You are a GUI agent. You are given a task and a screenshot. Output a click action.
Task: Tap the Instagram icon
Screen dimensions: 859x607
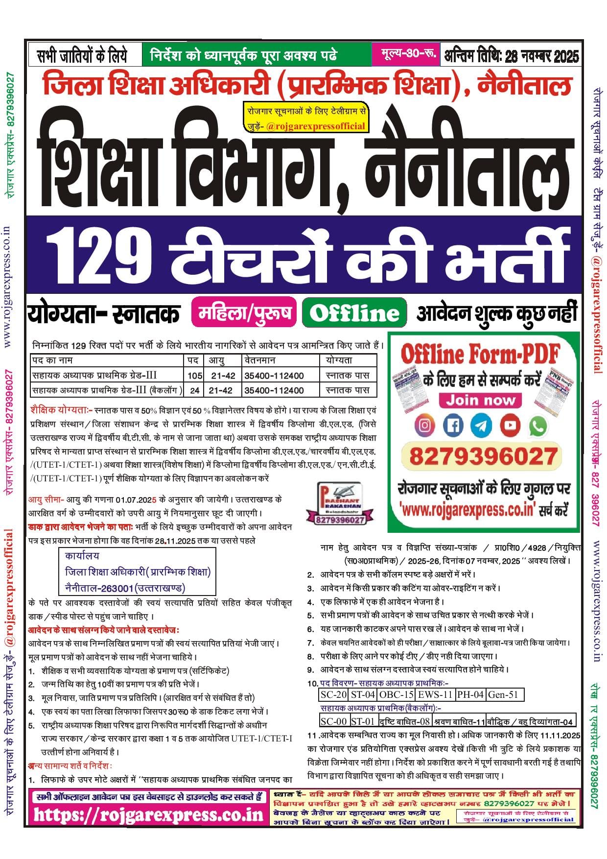[x=424, y=425]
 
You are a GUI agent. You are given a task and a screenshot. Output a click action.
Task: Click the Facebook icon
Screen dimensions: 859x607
[x=453, y=425]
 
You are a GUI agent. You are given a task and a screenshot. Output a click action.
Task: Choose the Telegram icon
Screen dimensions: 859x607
[x=482, y=425]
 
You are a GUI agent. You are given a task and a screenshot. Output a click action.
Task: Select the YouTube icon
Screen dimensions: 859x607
[x=510, y=425]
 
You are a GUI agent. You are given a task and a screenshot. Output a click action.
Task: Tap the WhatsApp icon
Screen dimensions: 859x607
[x=538, y=426]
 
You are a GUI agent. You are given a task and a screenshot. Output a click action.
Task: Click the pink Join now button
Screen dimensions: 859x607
[x=480, y=400]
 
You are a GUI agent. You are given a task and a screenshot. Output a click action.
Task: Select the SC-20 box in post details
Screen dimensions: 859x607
[x=333, y=694]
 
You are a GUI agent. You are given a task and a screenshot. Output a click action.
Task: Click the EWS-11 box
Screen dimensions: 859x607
[x=435, y=694]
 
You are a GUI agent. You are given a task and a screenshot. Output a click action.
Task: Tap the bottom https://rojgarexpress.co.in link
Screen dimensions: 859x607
[x=148, y=815]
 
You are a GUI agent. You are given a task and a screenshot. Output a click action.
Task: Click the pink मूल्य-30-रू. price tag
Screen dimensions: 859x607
[x=405, y=54]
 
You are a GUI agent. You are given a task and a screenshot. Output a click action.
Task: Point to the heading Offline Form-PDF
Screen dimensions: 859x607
[x=480, y=354]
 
